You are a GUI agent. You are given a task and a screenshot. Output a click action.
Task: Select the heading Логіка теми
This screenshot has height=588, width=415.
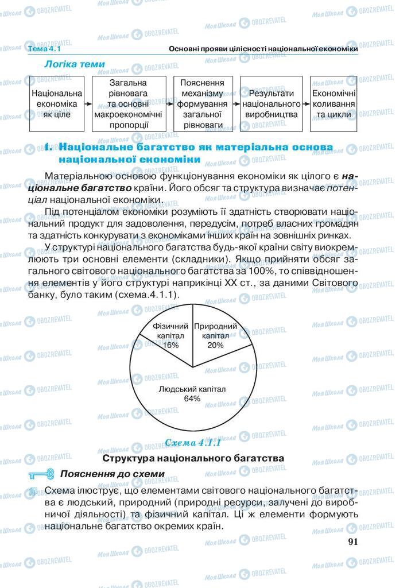coord(75,64)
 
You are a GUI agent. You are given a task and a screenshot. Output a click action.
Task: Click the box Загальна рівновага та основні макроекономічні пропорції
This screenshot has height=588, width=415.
coord(127,103)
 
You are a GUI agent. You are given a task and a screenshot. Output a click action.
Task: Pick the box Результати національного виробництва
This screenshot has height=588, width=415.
coord(271,104)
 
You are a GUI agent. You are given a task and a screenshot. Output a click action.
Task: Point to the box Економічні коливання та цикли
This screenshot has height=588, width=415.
coord(333,104)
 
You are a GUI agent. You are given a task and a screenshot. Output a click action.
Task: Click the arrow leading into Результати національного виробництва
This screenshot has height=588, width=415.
coord(236,105)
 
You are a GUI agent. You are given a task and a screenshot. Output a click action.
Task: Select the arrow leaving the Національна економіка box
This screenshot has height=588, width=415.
coord(88,105)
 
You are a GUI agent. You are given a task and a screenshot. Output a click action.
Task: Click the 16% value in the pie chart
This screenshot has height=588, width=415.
coord(170,345)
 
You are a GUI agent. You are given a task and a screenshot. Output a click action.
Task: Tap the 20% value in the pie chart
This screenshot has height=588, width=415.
coord(215,345)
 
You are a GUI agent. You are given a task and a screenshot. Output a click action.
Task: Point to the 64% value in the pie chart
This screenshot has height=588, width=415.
coord(192,399)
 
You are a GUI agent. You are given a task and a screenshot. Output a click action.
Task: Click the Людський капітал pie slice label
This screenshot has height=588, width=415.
coord(192,389)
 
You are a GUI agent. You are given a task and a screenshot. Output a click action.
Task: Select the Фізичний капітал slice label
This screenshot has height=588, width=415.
coord(170,331)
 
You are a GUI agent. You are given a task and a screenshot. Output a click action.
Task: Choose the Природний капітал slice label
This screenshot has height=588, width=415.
coord(216,331)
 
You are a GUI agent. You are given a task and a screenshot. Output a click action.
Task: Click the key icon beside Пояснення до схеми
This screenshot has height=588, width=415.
coord(40,474)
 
